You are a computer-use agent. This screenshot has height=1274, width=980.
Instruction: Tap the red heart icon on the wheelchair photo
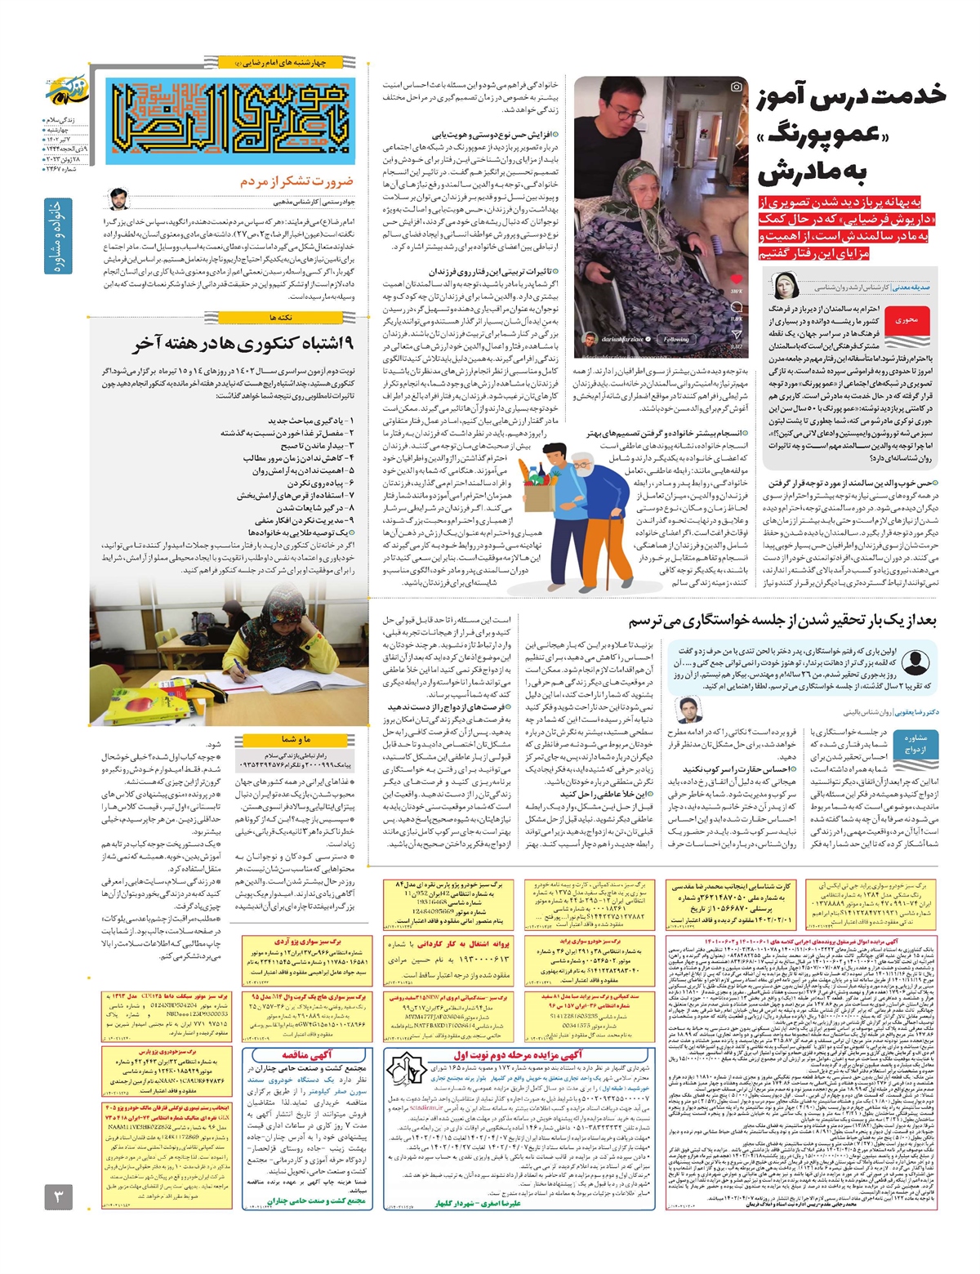click(x=736, y=279)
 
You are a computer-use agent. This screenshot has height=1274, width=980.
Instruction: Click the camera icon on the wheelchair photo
click(x=736, y=87)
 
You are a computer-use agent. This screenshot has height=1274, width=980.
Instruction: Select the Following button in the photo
click(x=675, y=339)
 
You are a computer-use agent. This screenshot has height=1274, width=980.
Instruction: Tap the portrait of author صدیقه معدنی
click(x=785, y=287)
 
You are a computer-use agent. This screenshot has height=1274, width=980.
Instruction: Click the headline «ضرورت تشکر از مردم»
click(x=296, y=181)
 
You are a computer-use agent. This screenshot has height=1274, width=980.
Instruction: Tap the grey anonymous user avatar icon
click(x=915, y=662)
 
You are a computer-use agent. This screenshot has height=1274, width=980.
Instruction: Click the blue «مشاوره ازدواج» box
click(x=915, y=743)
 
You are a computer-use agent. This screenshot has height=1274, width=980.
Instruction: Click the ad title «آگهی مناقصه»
click(x=307, y=1054)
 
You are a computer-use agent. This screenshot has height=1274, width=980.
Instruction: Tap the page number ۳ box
click(x=59, y=1196)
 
